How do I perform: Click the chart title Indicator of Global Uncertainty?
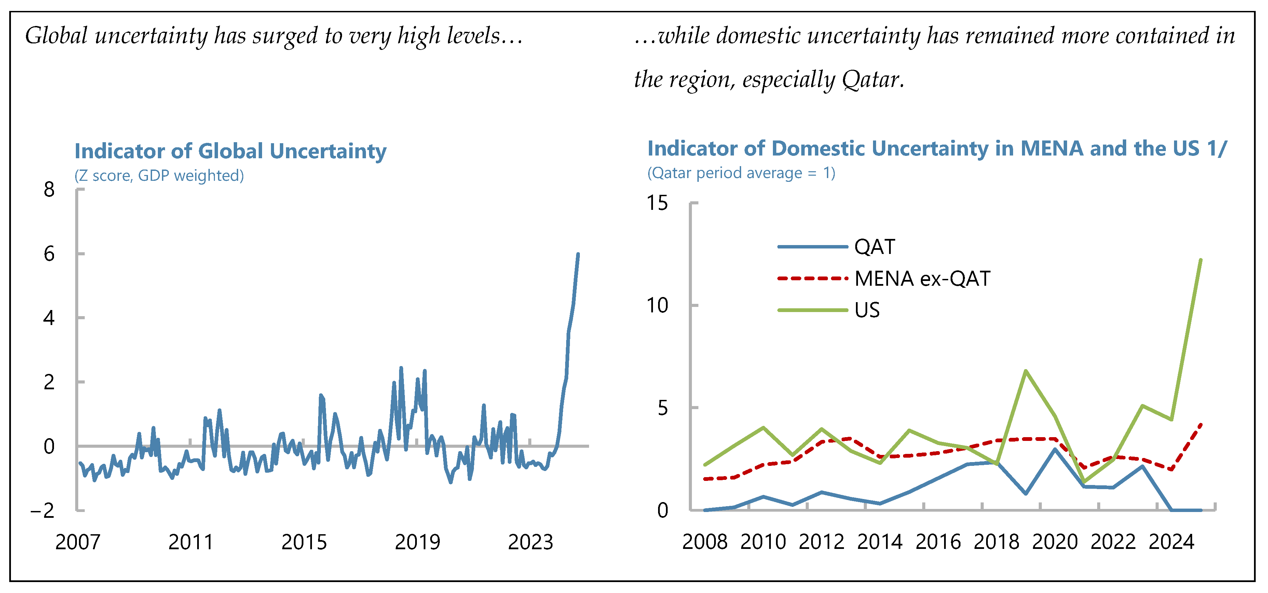coord(230,151)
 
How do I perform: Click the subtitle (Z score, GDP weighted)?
coord(159,175)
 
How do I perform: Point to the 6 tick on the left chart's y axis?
coord(49,254)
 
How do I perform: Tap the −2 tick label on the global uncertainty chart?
coord(43,511)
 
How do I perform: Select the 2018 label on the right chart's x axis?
coord(996,542)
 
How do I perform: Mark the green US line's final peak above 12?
coord(1201,260)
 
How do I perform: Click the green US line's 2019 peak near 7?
coord(1025,371)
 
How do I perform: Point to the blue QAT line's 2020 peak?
coord(1054,449)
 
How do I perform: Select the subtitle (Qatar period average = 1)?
coord(741,173)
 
